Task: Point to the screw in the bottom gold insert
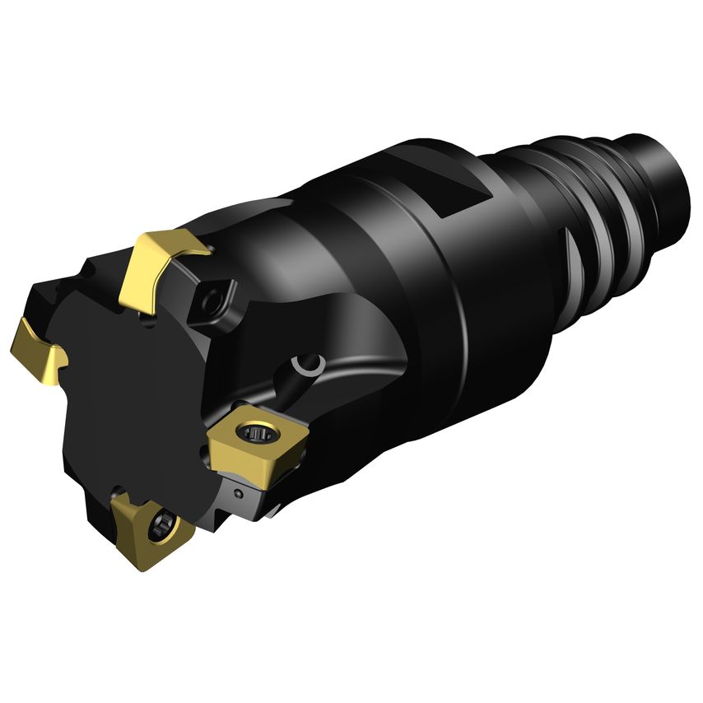(x=165, y=522)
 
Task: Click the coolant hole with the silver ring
(x=309, y=365)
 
